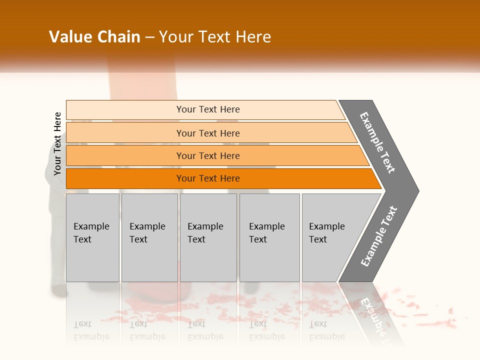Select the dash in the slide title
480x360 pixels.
coord(149,37)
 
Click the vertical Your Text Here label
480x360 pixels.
coord(57,143)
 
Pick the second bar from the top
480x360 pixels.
coord(208,133)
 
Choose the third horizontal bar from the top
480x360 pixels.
coord(208,155)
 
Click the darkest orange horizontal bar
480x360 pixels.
coord(208,178)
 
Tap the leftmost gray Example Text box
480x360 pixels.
coord(92,237)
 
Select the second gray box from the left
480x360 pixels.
coord(149,237)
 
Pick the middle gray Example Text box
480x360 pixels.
coord(208,237)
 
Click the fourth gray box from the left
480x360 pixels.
coord(269,237)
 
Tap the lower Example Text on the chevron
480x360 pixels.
coord(379,236)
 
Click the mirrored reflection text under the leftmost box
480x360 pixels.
coord(91,330)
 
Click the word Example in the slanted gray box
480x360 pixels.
coord(327,226)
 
